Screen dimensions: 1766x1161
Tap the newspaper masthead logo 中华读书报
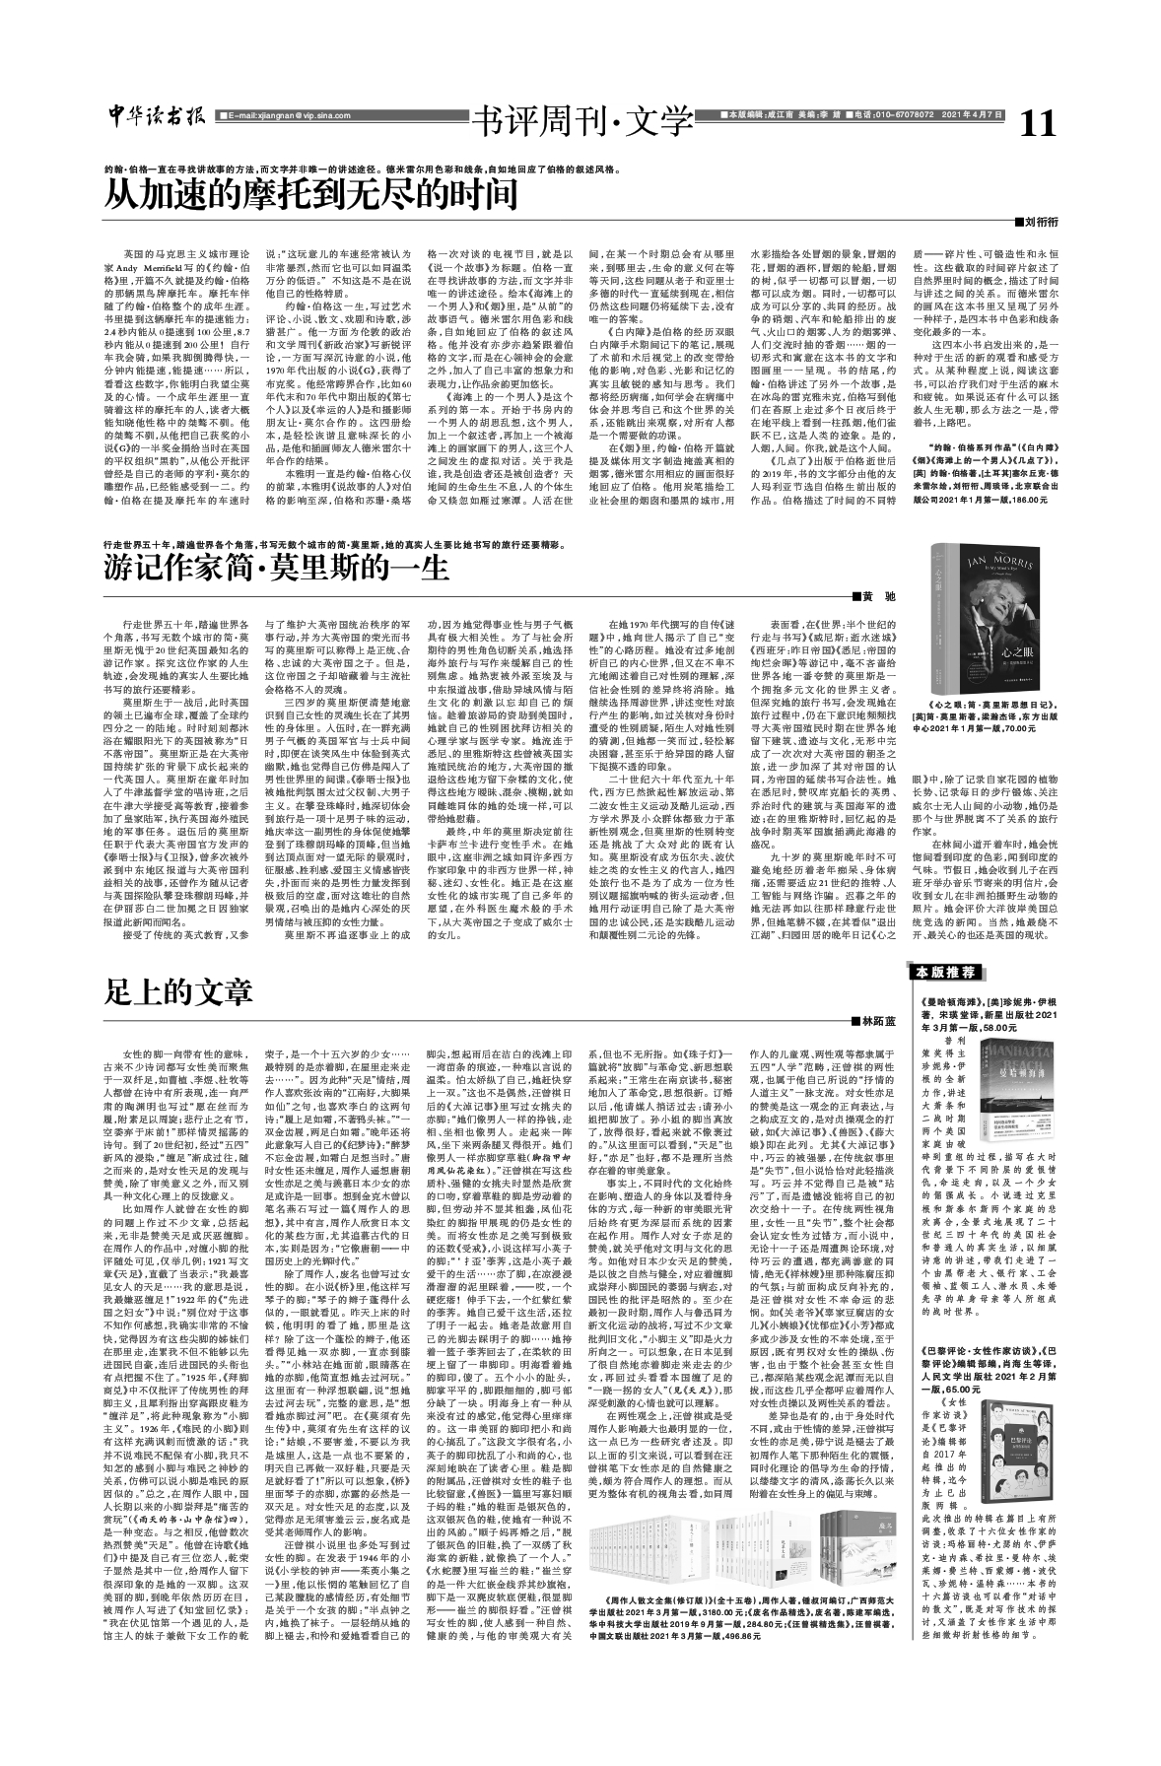[157, 116]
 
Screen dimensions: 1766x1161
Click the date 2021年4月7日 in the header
[971, 115]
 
